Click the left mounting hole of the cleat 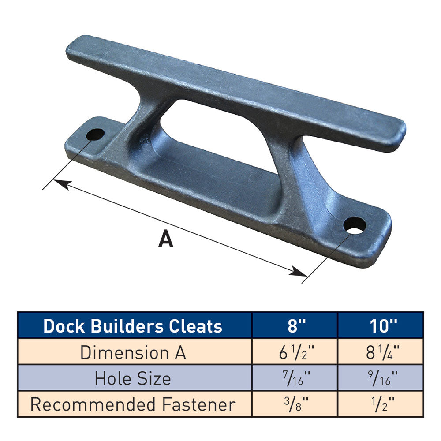point(95,134)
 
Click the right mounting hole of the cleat point(355,225)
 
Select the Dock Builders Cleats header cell point(133,326)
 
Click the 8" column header point(295,326)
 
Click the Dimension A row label point(133,352)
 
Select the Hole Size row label point(133,378)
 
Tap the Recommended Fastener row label point(133,404)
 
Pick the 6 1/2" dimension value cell point(295,352)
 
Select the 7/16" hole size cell point(295,378)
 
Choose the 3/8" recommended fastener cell point(295,404)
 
